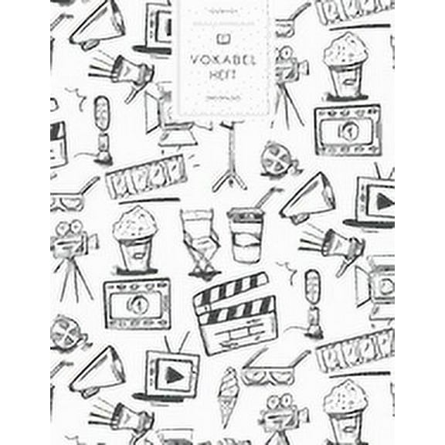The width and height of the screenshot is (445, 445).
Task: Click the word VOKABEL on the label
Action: point(223,56)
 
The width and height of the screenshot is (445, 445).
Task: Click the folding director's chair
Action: point(200,240)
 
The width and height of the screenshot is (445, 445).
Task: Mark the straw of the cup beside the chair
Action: point(263,199)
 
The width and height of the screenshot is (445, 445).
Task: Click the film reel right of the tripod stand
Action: point(277,159)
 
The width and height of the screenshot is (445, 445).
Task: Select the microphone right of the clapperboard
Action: point(311,297)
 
